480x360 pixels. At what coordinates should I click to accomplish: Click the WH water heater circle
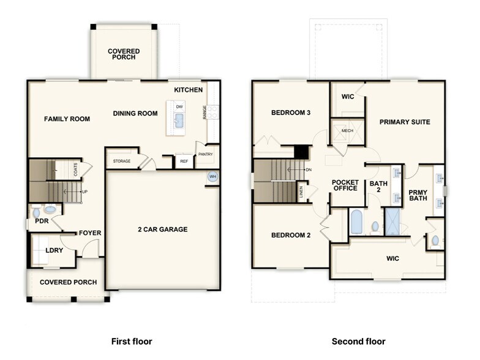(x=213, y=177)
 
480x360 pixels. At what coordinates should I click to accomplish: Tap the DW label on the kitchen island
(x=179, y=107)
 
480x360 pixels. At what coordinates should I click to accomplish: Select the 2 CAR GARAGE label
(x=162, y=230)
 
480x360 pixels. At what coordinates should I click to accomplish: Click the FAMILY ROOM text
(x=67, y=119)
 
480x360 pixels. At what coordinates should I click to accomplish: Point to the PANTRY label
(x=204, y=154)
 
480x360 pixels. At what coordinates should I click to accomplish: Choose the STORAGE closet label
(x=121, y=161)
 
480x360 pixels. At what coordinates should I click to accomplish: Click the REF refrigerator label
(x=183, y=162)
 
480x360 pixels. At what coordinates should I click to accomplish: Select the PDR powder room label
(x=41, y=221)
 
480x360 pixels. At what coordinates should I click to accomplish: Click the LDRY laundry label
(x=54, y=250)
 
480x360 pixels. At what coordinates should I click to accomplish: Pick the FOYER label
(x=89, y=233)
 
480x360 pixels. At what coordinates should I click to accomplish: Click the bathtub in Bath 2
(x=356, y=222)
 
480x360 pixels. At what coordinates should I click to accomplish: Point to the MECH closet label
(x=347, y=130)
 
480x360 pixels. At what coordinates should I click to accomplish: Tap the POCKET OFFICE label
(x=345, y=185)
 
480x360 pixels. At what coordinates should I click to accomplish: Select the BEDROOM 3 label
(x=291, y=113)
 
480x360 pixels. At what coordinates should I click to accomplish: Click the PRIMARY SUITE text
(x=405, y=122)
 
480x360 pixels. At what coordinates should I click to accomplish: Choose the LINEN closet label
(x=301, y=192)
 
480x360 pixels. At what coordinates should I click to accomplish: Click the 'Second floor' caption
(x=358, y=341)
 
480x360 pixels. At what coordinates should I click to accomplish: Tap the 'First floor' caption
(x=131, y=341)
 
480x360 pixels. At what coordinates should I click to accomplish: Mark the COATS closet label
(x=76, y=170)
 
